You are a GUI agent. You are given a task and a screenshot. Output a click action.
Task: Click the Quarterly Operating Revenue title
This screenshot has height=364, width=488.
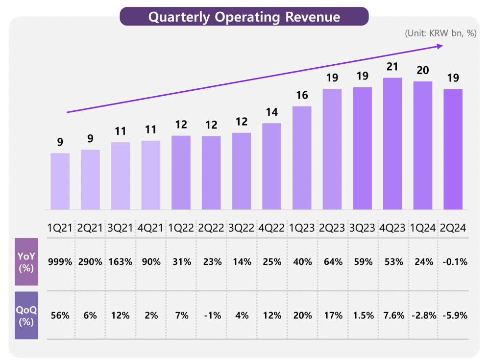[244, 17]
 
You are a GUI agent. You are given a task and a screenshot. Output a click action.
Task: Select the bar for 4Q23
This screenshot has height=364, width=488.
[392, 144]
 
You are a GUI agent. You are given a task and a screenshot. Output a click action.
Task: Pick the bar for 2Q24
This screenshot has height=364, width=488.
[453, 149]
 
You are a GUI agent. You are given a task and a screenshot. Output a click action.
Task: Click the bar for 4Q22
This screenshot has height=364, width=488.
[272, 166]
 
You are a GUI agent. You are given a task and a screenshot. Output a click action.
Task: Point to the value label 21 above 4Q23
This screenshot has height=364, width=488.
[392, 67]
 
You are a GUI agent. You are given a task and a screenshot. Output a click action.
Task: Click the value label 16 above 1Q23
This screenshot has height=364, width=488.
[302, 95]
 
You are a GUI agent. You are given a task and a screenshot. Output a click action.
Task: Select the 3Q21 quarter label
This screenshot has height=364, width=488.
[121, 228]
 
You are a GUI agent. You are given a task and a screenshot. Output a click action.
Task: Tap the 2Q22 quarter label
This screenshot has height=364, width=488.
[211, 228]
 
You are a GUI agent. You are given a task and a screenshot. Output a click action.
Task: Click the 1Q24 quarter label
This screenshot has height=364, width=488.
[423, 228]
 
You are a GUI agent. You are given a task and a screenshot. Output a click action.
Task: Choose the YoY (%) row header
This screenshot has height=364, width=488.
[26, 261]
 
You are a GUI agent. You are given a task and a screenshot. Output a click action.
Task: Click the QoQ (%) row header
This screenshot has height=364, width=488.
[26, 315]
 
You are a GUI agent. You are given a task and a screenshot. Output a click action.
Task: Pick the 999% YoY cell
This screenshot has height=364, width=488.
[60, 262]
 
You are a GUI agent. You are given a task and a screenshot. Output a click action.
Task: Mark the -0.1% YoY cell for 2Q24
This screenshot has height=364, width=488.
[453, 262]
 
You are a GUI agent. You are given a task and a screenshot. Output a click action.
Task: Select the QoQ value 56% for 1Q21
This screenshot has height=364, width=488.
[60, 315]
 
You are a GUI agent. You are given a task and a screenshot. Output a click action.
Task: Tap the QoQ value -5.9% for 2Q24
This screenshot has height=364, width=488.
[453, 315]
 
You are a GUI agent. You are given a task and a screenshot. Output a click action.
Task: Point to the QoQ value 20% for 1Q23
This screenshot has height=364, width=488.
[302, 315]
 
